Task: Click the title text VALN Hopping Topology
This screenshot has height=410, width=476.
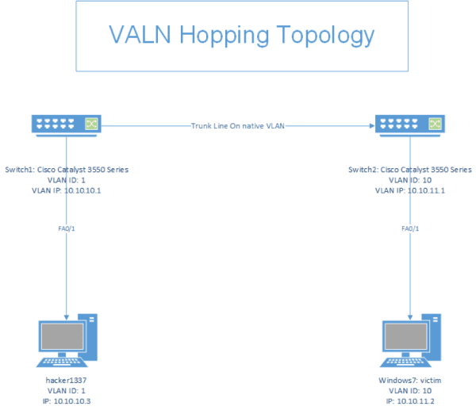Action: (241, 36)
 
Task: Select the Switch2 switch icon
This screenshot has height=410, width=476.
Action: (409, 124)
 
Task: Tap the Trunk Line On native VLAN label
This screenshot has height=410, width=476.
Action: (237, 125)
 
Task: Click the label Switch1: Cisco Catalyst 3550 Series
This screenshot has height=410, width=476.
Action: (67, 170)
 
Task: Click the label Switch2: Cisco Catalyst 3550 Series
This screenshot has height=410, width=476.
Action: (410, 170)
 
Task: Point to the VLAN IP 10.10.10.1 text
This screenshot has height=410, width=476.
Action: (67, 191)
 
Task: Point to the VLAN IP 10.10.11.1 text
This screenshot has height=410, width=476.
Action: (410, 191)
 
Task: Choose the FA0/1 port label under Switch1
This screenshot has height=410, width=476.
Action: (67, 228)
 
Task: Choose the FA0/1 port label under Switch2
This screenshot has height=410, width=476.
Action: (410, 228)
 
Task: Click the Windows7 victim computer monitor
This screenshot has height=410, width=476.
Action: (404, 340)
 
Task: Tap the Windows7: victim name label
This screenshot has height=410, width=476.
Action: (410, 381)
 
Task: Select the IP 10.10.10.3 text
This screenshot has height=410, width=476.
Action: (67, 402)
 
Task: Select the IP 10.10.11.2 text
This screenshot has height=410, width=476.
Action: (410, 402)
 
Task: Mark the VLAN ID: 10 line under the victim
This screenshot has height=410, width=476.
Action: (410, 392)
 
